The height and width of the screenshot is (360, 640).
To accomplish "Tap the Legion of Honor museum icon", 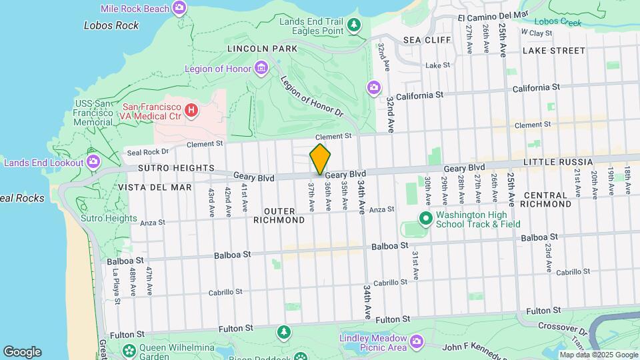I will click(261, 68).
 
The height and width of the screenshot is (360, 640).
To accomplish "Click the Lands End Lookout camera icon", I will click(93, 161).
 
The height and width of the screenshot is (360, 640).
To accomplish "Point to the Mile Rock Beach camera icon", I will click(179, 8).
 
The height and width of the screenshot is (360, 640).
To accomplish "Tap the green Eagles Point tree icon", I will click(354, 27).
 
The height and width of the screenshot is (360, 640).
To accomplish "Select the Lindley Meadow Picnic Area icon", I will click(417, 342).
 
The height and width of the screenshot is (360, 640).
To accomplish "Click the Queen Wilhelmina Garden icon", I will click(129, 349).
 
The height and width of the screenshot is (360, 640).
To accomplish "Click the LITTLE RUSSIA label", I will click(557, 162).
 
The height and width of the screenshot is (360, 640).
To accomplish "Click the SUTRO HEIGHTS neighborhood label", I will click(176, 168).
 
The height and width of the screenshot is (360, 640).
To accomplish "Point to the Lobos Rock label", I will click(111, 25).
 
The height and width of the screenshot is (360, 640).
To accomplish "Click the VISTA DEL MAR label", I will click(155, 188).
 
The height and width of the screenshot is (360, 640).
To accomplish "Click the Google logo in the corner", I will click(22, 352).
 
